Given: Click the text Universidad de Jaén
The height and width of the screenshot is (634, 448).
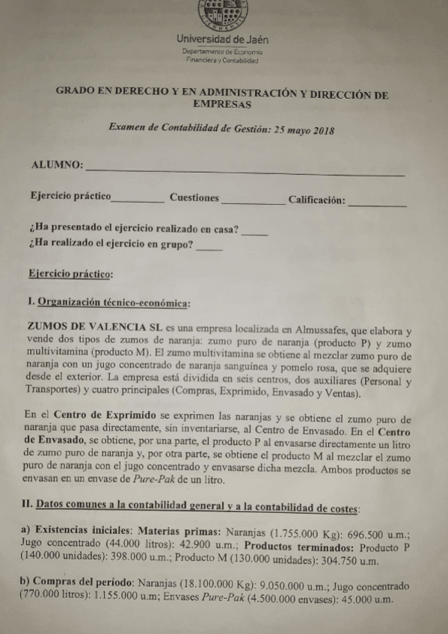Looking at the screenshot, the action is click(222, 39).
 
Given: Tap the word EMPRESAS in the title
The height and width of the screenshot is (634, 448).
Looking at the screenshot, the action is click(221, 105).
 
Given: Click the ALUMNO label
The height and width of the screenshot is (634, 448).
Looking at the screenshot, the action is click(55, 164).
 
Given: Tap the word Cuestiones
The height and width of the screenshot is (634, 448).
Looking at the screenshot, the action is click(194, 198).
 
